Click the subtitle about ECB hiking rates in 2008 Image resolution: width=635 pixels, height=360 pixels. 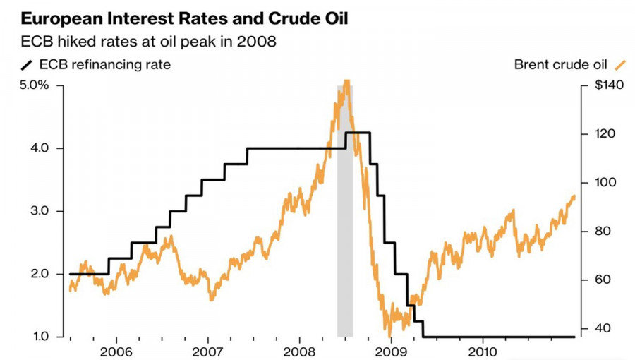(x=147, y=42)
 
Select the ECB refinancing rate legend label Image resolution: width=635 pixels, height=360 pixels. (x=105, y=65)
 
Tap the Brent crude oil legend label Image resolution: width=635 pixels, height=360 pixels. (x=561, y=65)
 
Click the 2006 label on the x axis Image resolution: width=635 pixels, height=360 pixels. (x=116, y=351)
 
